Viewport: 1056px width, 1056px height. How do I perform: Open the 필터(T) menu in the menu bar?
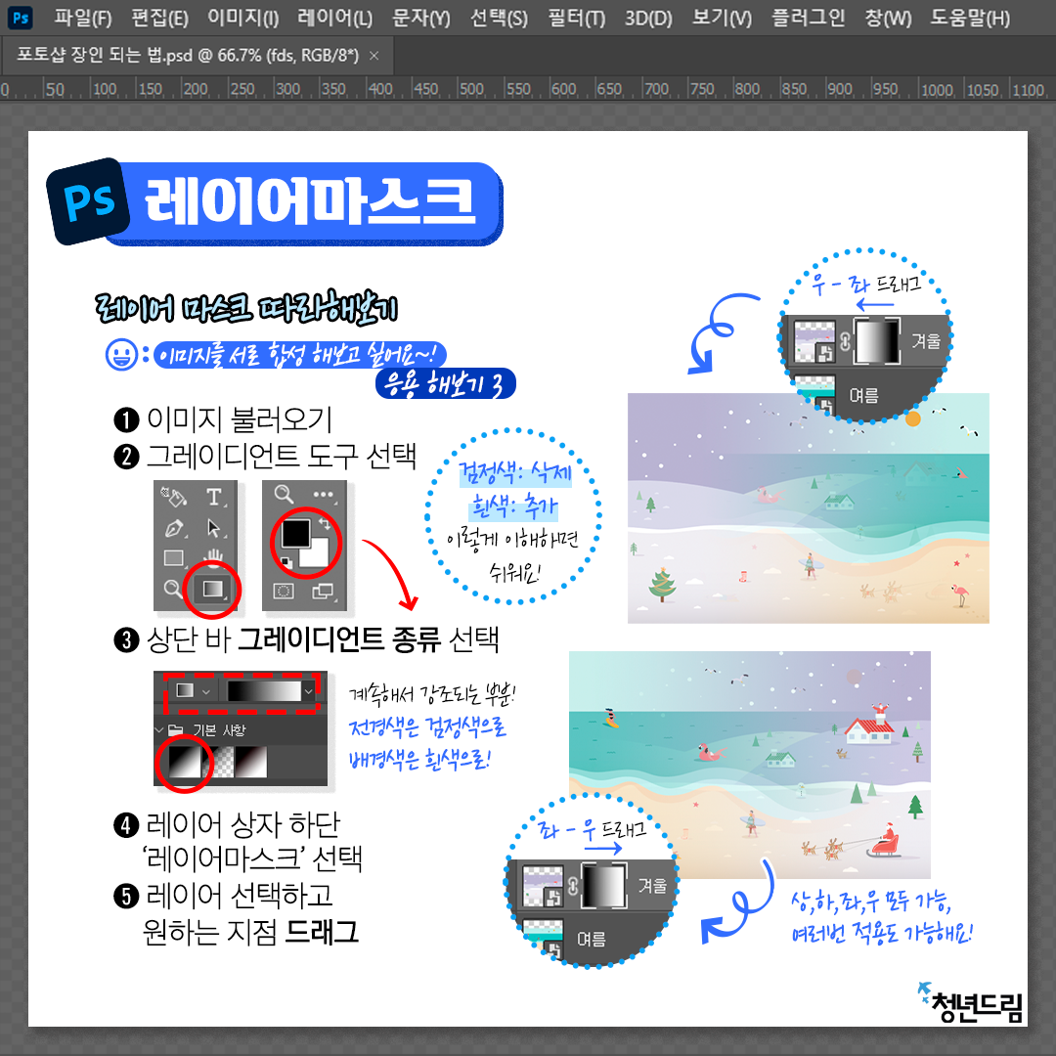[577, 18]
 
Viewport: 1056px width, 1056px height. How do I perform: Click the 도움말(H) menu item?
[970, 18]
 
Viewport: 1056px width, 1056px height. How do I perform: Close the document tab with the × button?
[374, 56]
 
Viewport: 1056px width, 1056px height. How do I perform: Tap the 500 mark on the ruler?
[470, 90]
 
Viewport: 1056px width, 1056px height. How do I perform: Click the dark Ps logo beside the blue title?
[88, 200]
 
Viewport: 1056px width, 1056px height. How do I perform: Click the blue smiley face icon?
[122, 354]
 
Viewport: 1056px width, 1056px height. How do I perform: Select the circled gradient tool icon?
[212, 589]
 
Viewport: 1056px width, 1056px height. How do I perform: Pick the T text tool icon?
[213, 497]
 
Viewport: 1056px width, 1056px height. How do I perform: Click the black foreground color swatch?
[295, 534]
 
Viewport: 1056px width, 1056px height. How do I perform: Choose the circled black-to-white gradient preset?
[185, 762]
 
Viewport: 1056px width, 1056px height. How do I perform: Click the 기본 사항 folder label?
[220, 730]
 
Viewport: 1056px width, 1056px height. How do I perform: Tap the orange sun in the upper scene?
[912, 418]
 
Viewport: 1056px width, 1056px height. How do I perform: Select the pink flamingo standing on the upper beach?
[960, 594]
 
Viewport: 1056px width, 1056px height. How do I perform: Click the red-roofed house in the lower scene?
[869, 728]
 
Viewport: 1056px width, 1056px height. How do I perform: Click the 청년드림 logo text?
[977, 1007]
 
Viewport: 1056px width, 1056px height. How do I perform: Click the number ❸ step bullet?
[126, 639]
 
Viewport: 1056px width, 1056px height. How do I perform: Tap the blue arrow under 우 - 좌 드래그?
[875, 304]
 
